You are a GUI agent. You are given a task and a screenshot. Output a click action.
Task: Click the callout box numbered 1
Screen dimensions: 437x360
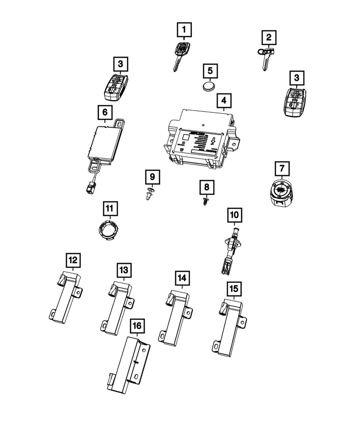pos(184,30)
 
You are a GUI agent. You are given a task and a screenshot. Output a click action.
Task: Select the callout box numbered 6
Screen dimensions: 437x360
pos(105,113)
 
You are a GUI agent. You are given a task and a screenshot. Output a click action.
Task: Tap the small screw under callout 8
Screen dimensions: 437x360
pos(206,202)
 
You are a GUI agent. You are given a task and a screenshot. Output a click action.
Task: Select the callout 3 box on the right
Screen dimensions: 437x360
pos(297,78)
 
